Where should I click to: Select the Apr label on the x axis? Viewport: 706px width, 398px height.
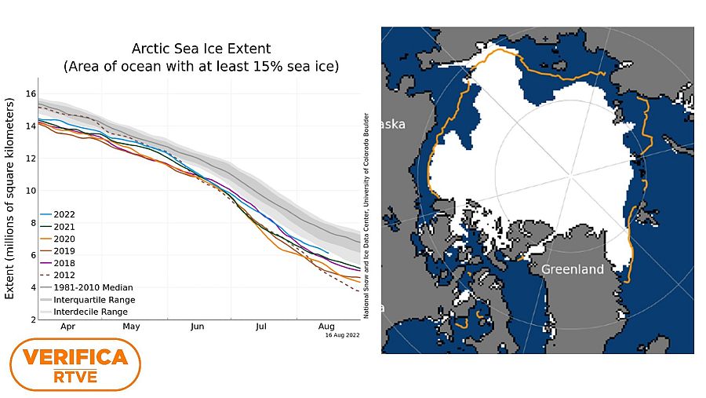click(67, 325)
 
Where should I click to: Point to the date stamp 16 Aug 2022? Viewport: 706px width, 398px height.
click(342, 334)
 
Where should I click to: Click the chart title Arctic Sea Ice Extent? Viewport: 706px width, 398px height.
click(201, 49)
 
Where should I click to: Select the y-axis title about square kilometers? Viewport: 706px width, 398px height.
click(10, 198)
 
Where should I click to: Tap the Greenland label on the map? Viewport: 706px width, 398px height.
click(572, 269)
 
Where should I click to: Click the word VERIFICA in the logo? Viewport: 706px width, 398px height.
click(75, 358)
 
